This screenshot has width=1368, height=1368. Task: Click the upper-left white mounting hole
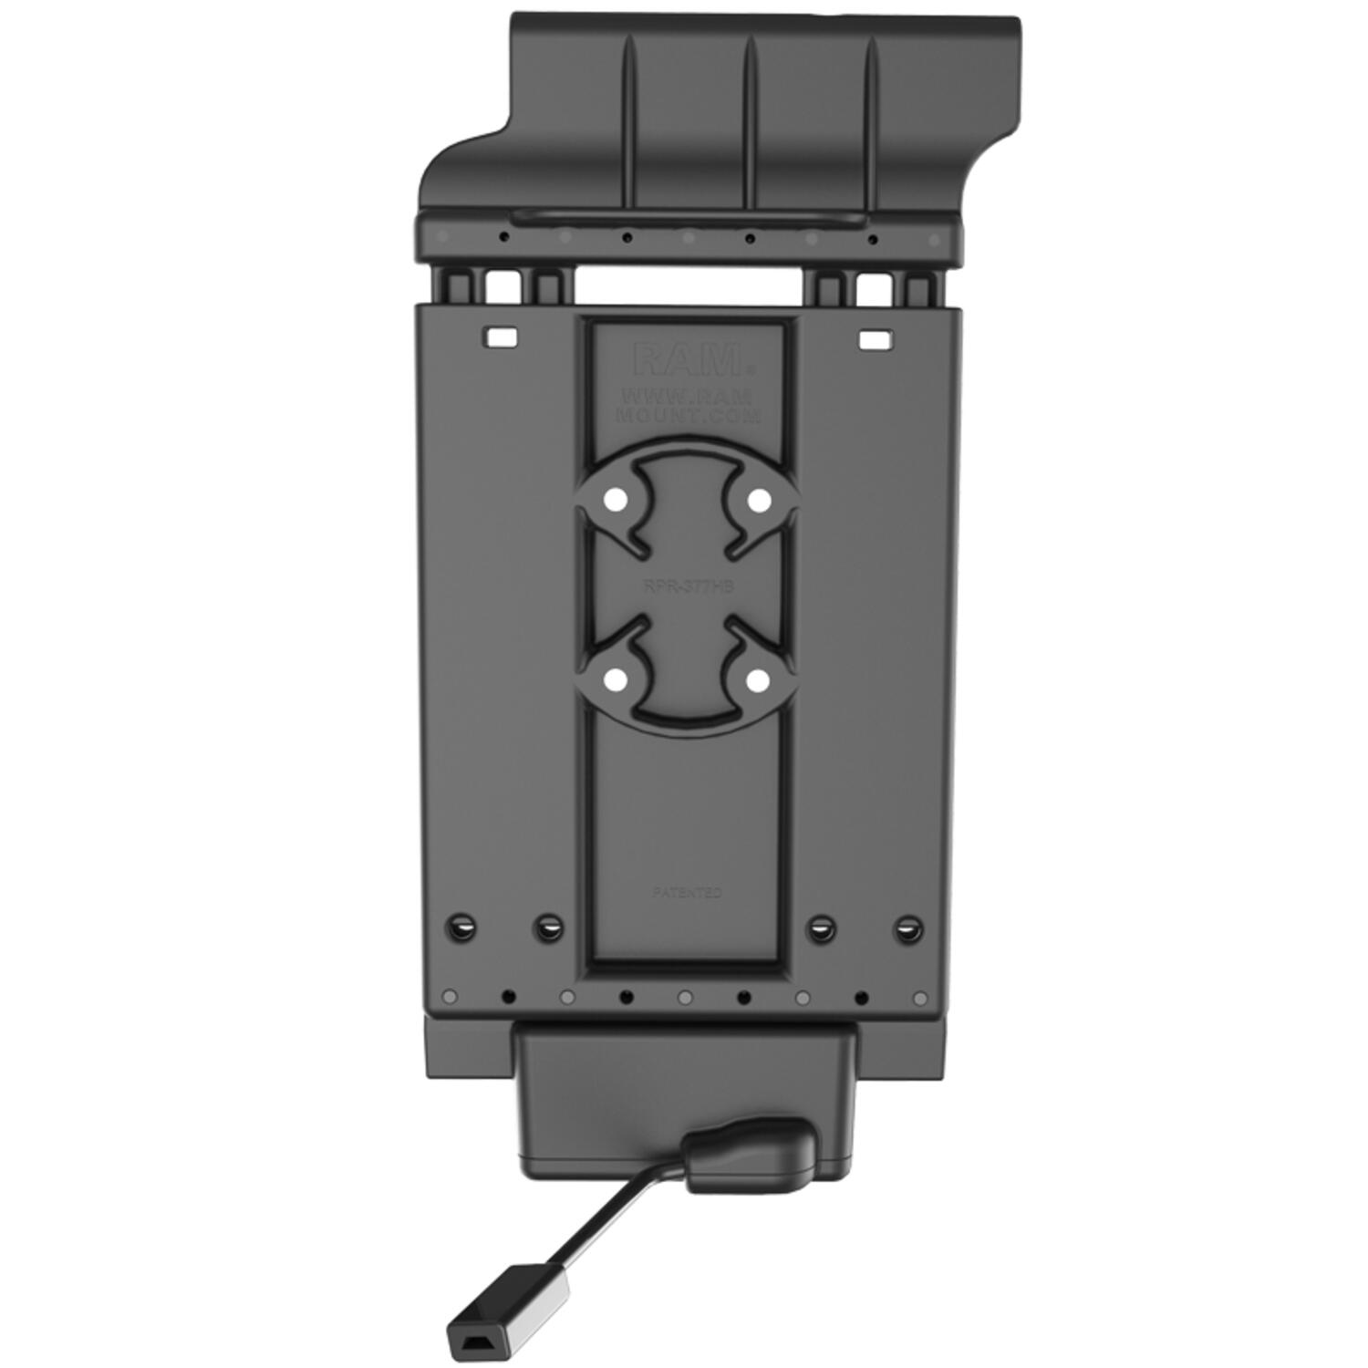[615, 501]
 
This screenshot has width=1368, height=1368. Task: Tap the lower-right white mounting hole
[756, 679]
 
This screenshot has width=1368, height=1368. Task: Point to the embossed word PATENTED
[687, 892]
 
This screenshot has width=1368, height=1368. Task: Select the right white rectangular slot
[874, 339]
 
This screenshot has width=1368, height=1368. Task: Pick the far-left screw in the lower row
[462, 929]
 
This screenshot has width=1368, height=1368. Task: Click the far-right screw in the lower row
[906, 929]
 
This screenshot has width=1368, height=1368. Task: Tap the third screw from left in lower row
[822, 929]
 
